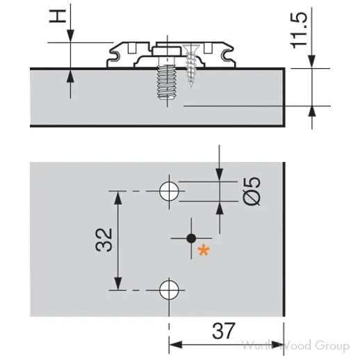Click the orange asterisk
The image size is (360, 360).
(204, 251)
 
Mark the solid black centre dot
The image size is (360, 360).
(192, 238)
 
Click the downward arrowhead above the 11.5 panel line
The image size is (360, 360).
(311, 62)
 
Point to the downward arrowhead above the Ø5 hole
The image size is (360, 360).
(220, 177)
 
